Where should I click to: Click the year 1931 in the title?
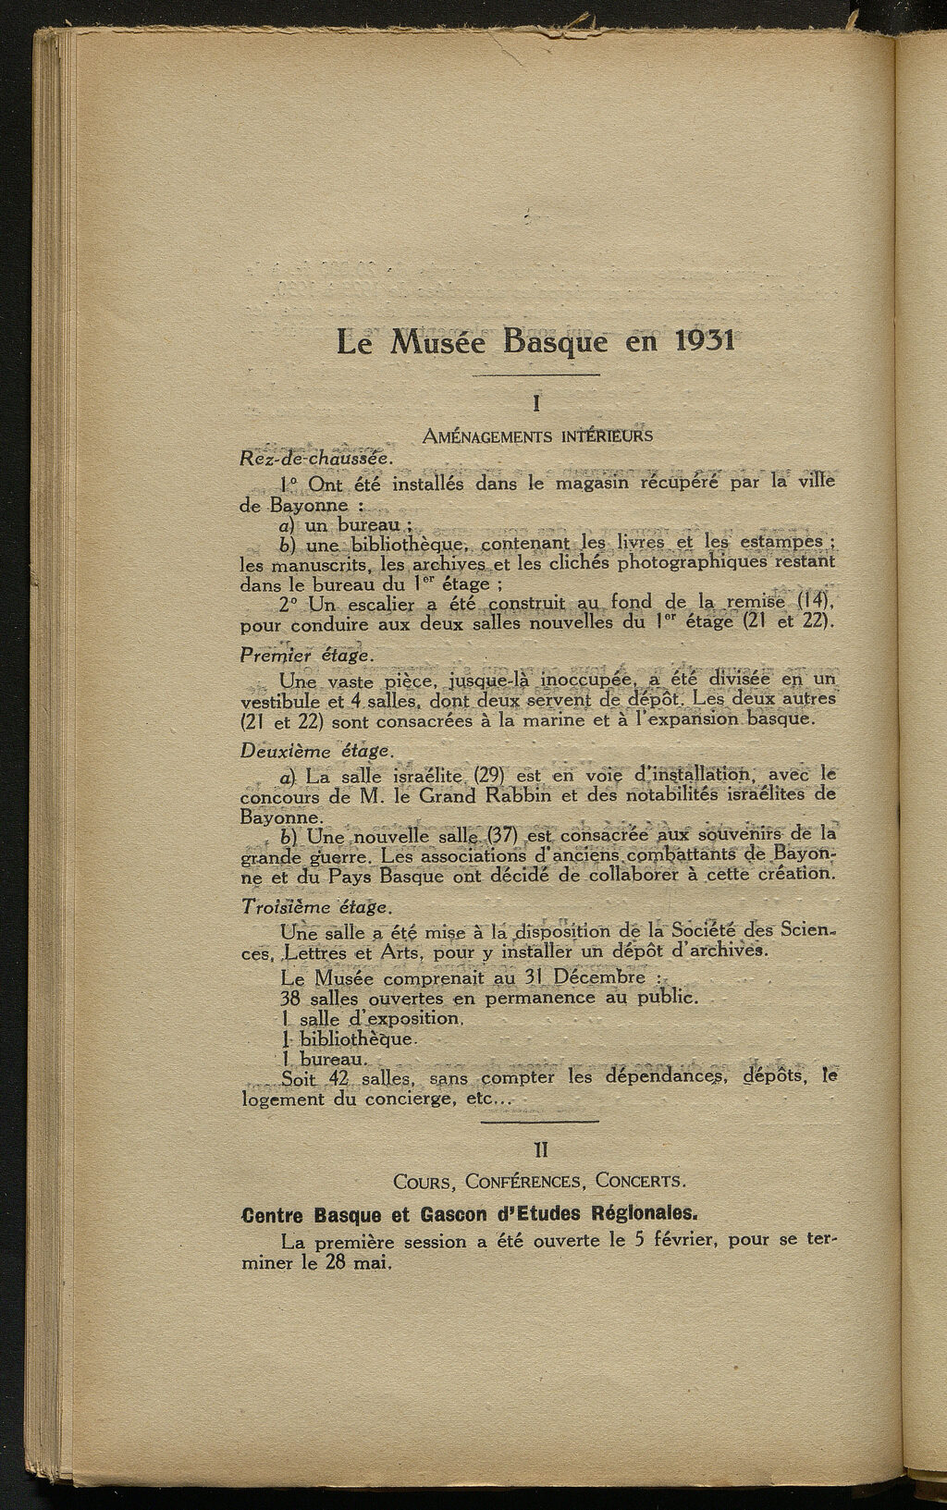[x=705, y=341]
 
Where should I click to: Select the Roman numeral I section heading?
[x=537, y=404]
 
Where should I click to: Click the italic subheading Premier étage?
[x=306, y=655]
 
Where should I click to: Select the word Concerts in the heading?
[x=640, y=1181]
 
